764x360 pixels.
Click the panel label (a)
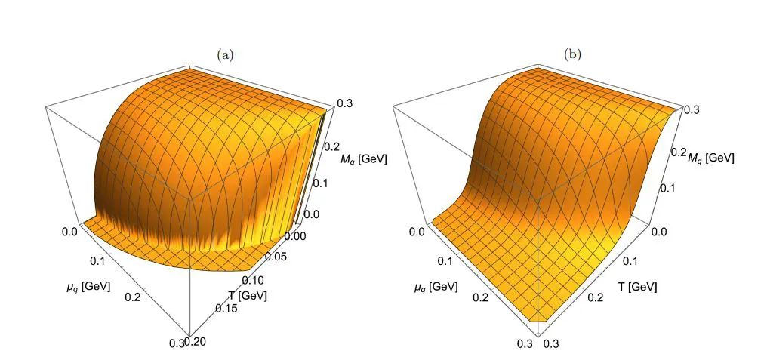pyautogui.click(x=225, y=54)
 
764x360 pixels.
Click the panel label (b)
pyautogui.click(x=572, y=54)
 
